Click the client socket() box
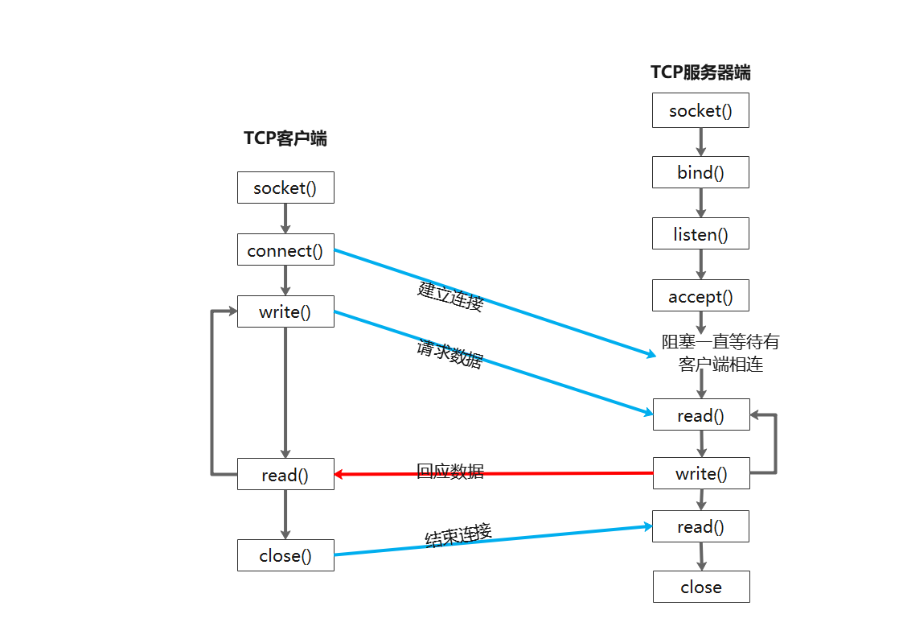click(x=285, y=188)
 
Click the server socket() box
click(x=700, y=110)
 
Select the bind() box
click(x=700, y=172)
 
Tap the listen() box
click(x=700, y=234)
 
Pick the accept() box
click(x=700, y=296)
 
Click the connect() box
click(x=285, y=250)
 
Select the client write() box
click(x=285, y=311)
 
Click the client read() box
click(x=285, y=475)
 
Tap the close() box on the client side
click(x=285, y=555)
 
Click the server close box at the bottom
click(x=700, y=587)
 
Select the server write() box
click(x=700, y=473)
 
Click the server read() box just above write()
click(x=700, y=415)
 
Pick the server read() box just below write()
click(x=700, y=526)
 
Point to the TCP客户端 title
click(x=285, y=138)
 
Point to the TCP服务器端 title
click(x=700, y=72)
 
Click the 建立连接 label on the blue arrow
click(x=451, y=297)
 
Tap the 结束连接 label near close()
click(x=458, y=535)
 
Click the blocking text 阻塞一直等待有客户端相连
click(x=720, y=353)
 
